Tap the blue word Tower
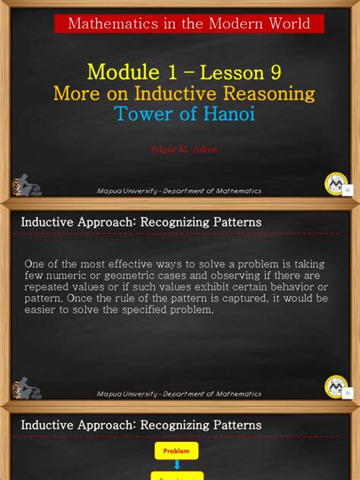click(x=145, y=114)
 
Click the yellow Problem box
click(x=176, y=451)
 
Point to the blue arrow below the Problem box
click(x=176, y=466)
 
